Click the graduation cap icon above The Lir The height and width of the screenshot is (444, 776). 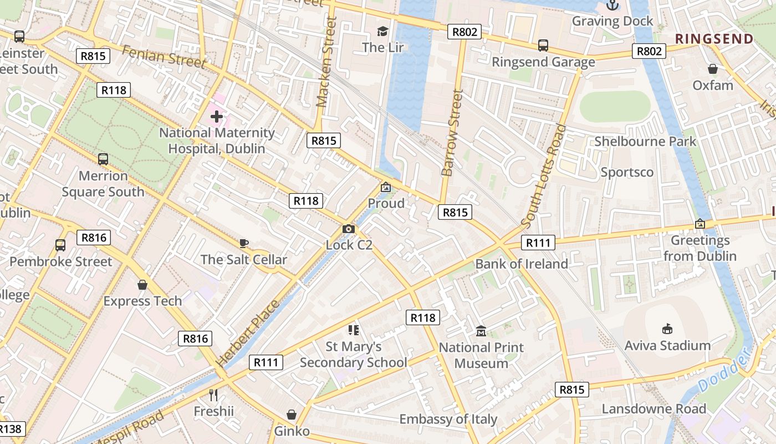point(382,31)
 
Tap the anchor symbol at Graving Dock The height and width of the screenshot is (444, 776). point(612,5)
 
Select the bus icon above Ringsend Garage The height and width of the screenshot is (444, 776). point(543,46)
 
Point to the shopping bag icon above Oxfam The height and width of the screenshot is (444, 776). point(713,69)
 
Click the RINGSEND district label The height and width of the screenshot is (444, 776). point(714,39)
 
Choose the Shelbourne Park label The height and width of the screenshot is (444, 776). point(645,142)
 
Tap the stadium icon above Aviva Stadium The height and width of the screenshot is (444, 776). point(667,329)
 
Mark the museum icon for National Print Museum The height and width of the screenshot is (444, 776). point(481,331)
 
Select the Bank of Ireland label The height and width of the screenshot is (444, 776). point(522,264)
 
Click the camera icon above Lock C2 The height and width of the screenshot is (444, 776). point(349,229)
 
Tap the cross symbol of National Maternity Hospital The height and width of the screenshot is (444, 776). point(217,117)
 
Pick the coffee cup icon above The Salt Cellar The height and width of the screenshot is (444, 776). point(244,243)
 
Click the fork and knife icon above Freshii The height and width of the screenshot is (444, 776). point(213,395)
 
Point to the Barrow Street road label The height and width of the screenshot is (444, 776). point(451,133)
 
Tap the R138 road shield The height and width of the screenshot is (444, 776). point(10,429)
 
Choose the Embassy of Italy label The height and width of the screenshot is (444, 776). point(448,419)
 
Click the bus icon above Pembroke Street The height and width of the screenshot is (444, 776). point(60,245)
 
